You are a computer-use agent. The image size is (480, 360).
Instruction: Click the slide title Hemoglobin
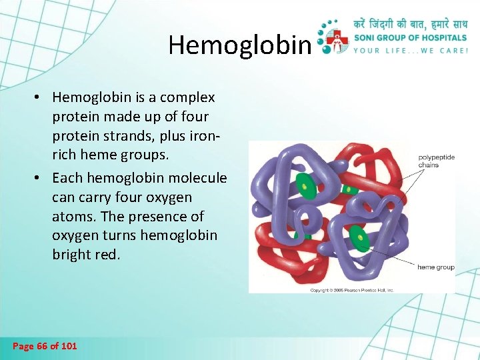coord(239,45)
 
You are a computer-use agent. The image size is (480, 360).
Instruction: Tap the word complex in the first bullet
coord(190,98)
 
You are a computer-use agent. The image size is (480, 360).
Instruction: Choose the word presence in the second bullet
coord(165,217)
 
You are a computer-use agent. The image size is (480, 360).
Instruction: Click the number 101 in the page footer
coord(69,345)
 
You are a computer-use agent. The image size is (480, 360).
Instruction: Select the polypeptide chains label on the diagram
coord(436,161)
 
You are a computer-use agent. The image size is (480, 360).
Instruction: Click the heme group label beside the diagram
coord(435,267)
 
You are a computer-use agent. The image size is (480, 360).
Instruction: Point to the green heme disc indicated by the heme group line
coord(359,237)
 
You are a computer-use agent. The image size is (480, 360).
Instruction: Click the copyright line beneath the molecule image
coord(352,290)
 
